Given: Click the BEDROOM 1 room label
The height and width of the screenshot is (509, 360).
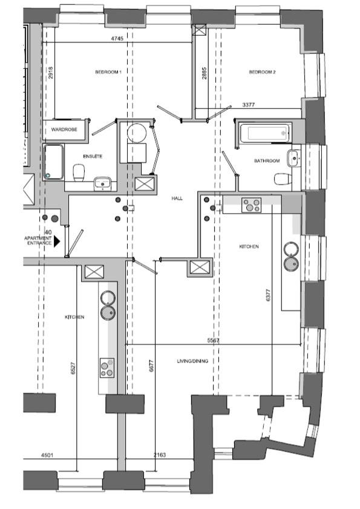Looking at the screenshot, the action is pos(108,72).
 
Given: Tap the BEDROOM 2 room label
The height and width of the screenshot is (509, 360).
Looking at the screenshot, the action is pos(263,72).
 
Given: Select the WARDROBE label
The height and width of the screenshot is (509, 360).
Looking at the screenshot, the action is pos(64,130).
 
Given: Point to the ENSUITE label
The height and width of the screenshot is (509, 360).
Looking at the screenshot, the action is pos(93,157).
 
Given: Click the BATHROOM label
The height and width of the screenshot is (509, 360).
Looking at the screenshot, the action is pos(267,161).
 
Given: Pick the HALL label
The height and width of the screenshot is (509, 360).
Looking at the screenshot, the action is pos(177,199).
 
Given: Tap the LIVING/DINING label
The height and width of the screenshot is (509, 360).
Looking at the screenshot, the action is pos(192,361).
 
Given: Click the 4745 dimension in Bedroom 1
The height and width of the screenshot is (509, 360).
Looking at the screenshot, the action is pos(117,38).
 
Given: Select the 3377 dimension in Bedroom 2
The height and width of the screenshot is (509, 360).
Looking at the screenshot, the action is pos(249,105).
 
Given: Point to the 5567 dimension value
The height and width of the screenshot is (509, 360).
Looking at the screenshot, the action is pos(213,341).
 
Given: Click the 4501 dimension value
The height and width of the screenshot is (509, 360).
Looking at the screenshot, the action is pos(47,455).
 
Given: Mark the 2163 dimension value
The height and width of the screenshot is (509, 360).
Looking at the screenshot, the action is pos(159,455).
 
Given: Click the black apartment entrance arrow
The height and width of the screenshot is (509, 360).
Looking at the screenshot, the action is pos(57,241).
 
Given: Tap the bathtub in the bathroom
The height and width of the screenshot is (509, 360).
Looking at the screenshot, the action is pos(266,133).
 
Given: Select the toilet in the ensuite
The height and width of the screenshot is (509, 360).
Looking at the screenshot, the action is pos(79,172).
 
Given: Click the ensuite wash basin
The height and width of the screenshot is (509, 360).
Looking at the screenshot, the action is pos(103,184).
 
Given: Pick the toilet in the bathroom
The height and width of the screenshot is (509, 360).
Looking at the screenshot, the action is pos(283,179).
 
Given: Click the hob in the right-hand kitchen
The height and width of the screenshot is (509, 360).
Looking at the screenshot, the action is pos(251,205).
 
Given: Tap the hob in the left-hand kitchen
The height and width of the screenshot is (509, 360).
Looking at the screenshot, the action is pos(107,368).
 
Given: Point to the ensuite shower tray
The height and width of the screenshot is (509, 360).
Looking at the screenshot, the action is pos(54,162).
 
